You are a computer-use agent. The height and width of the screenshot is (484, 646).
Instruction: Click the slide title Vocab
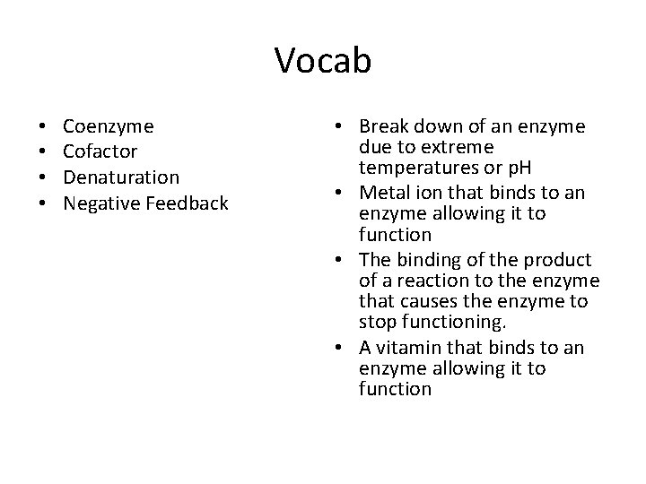point(322,61)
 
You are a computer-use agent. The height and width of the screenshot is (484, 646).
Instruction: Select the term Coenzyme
point(109,126)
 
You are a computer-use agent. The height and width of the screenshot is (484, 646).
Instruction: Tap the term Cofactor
point(100,151)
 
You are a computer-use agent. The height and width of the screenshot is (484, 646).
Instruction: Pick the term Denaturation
point(121,177)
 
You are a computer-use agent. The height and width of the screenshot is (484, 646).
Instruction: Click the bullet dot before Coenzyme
point(43,126)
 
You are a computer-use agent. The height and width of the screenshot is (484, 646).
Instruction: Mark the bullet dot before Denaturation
point(43,177)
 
